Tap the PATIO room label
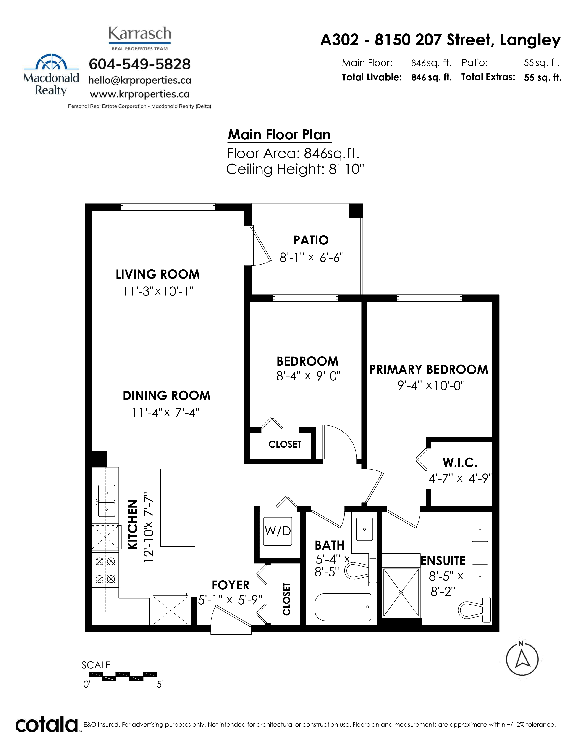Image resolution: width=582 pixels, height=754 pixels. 311,240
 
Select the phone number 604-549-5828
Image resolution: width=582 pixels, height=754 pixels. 140,64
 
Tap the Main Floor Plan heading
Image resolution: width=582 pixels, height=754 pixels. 279,135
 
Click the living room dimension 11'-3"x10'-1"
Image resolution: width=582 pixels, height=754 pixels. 158,291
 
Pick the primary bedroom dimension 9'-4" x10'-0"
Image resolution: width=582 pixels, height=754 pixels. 431,385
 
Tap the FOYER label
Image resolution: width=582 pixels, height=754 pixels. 231,585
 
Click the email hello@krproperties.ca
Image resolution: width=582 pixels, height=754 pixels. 140,80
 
